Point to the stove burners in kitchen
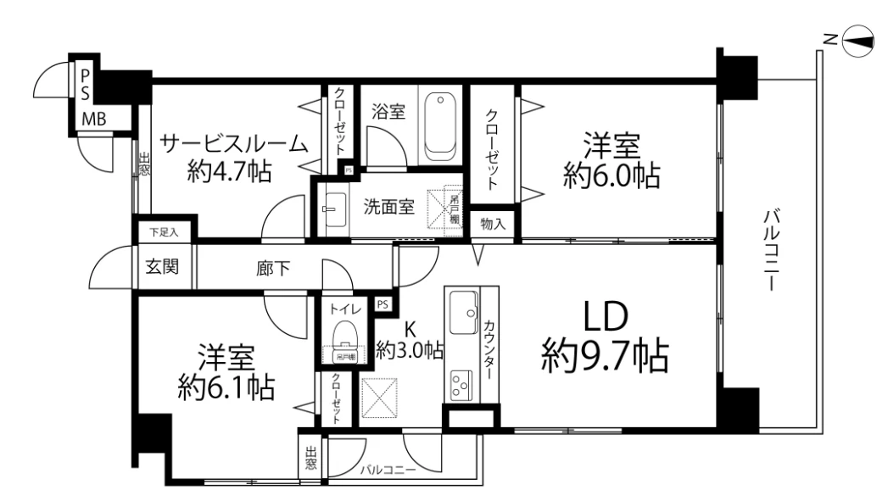(461, 385)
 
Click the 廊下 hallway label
(273, 269)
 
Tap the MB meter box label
(93, 120)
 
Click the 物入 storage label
(492, 224)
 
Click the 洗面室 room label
(390, 206)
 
